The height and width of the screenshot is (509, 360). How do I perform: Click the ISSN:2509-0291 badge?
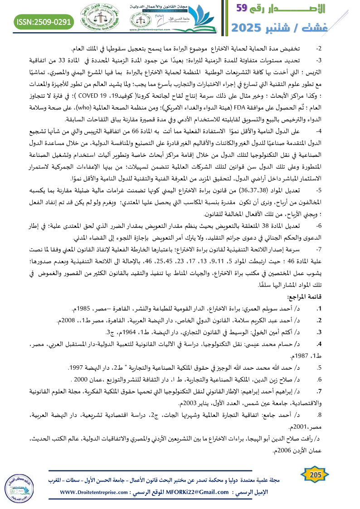point(44,21)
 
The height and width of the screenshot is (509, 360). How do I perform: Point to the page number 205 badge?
point(313,475)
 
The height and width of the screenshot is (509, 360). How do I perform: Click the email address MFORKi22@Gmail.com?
point(193,492)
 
